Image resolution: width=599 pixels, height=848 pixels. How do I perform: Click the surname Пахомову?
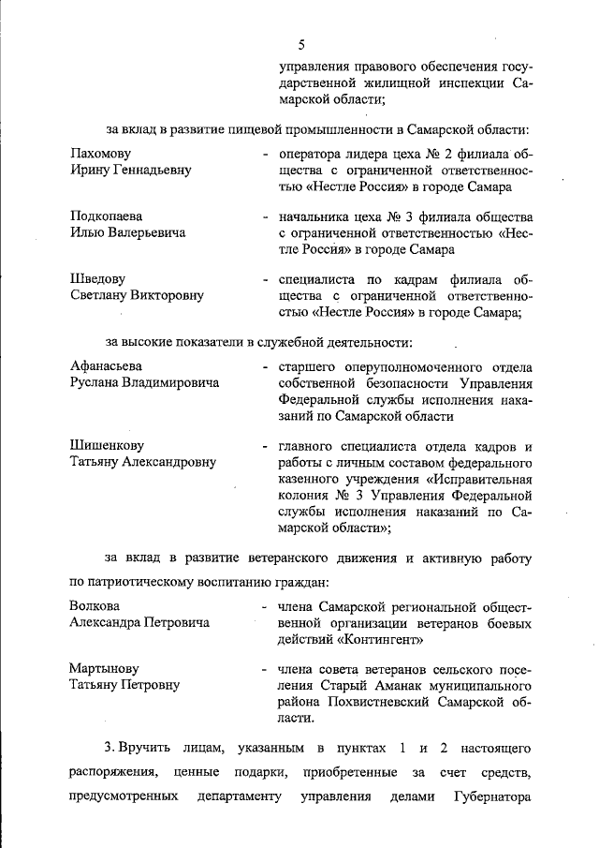(x=100, y=153)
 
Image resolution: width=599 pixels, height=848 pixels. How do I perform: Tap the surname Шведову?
(x=97, y=279)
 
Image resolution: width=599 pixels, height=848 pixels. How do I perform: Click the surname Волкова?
(x=95, y=605)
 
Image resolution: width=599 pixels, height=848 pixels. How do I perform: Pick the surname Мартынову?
(x=104, y=668)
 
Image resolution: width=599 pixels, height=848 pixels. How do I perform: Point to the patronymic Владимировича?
(x=171, y=382)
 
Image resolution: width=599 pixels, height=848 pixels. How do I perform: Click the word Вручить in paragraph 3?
(x=144, y=750)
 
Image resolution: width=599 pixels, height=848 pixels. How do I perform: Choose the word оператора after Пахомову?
(x=306, y=153)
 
